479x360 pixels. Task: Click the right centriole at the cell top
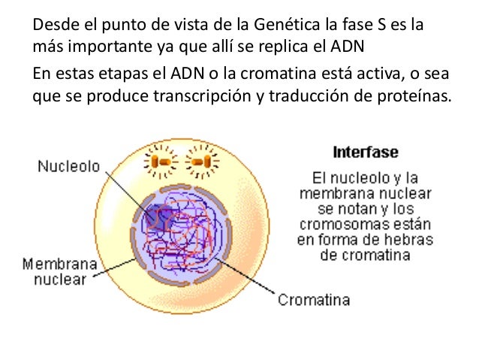200,162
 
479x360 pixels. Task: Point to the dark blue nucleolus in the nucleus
158,217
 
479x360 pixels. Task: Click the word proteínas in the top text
416,98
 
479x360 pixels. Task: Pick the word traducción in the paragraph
309,98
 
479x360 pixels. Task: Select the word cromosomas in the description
336,225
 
